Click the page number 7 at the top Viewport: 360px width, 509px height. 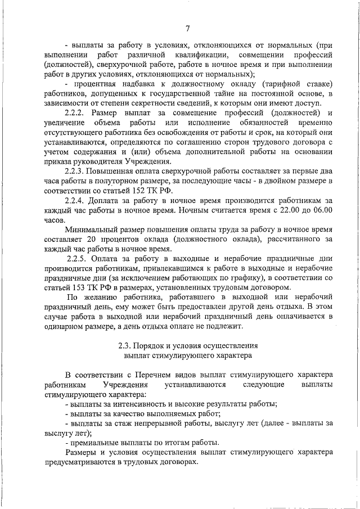[x=187, y=29]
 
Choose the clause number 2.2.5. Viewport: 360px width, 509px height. [x=78, y=259]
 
